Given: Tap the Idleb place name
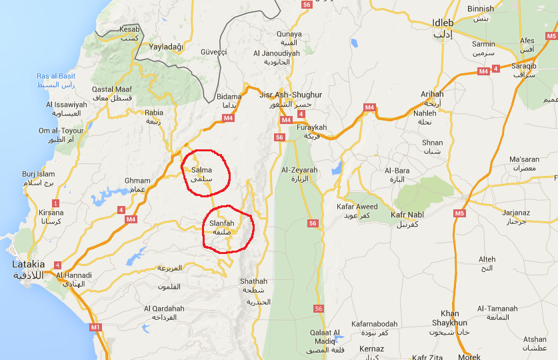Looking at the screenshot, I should tap(442, 23).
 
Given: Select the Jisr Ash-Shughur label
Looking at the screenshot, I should tap(290, 95).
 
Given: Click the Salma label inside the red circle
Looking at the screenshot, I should tap(201, 170).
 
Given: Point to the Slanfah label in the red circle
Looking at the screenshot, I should tap(221, 223).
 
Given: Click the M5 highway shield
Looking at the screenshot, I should tap(459, 213).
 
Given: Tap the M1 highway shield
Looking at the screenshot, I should tap(95, 327).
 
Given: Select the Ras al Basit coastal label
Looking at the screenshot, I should tap(56, 76).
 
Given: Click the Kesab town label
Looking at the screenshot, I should tap(129, 29).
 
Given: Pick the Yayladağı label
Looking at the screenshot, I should tap(165, 47).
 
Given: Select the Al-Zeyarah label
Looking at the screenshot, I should tap(299, 170).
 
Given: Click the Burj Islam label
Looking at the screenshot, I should tap(37, 174).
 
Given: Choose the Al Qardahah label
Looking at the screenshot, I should tap(164, 309).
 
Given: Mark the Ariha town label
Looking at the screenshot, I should tap(432, 95).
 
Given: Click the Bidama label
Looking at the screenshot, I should tap(229, 97).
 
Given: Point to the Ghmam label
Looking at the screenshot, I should tap(137, 181).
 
